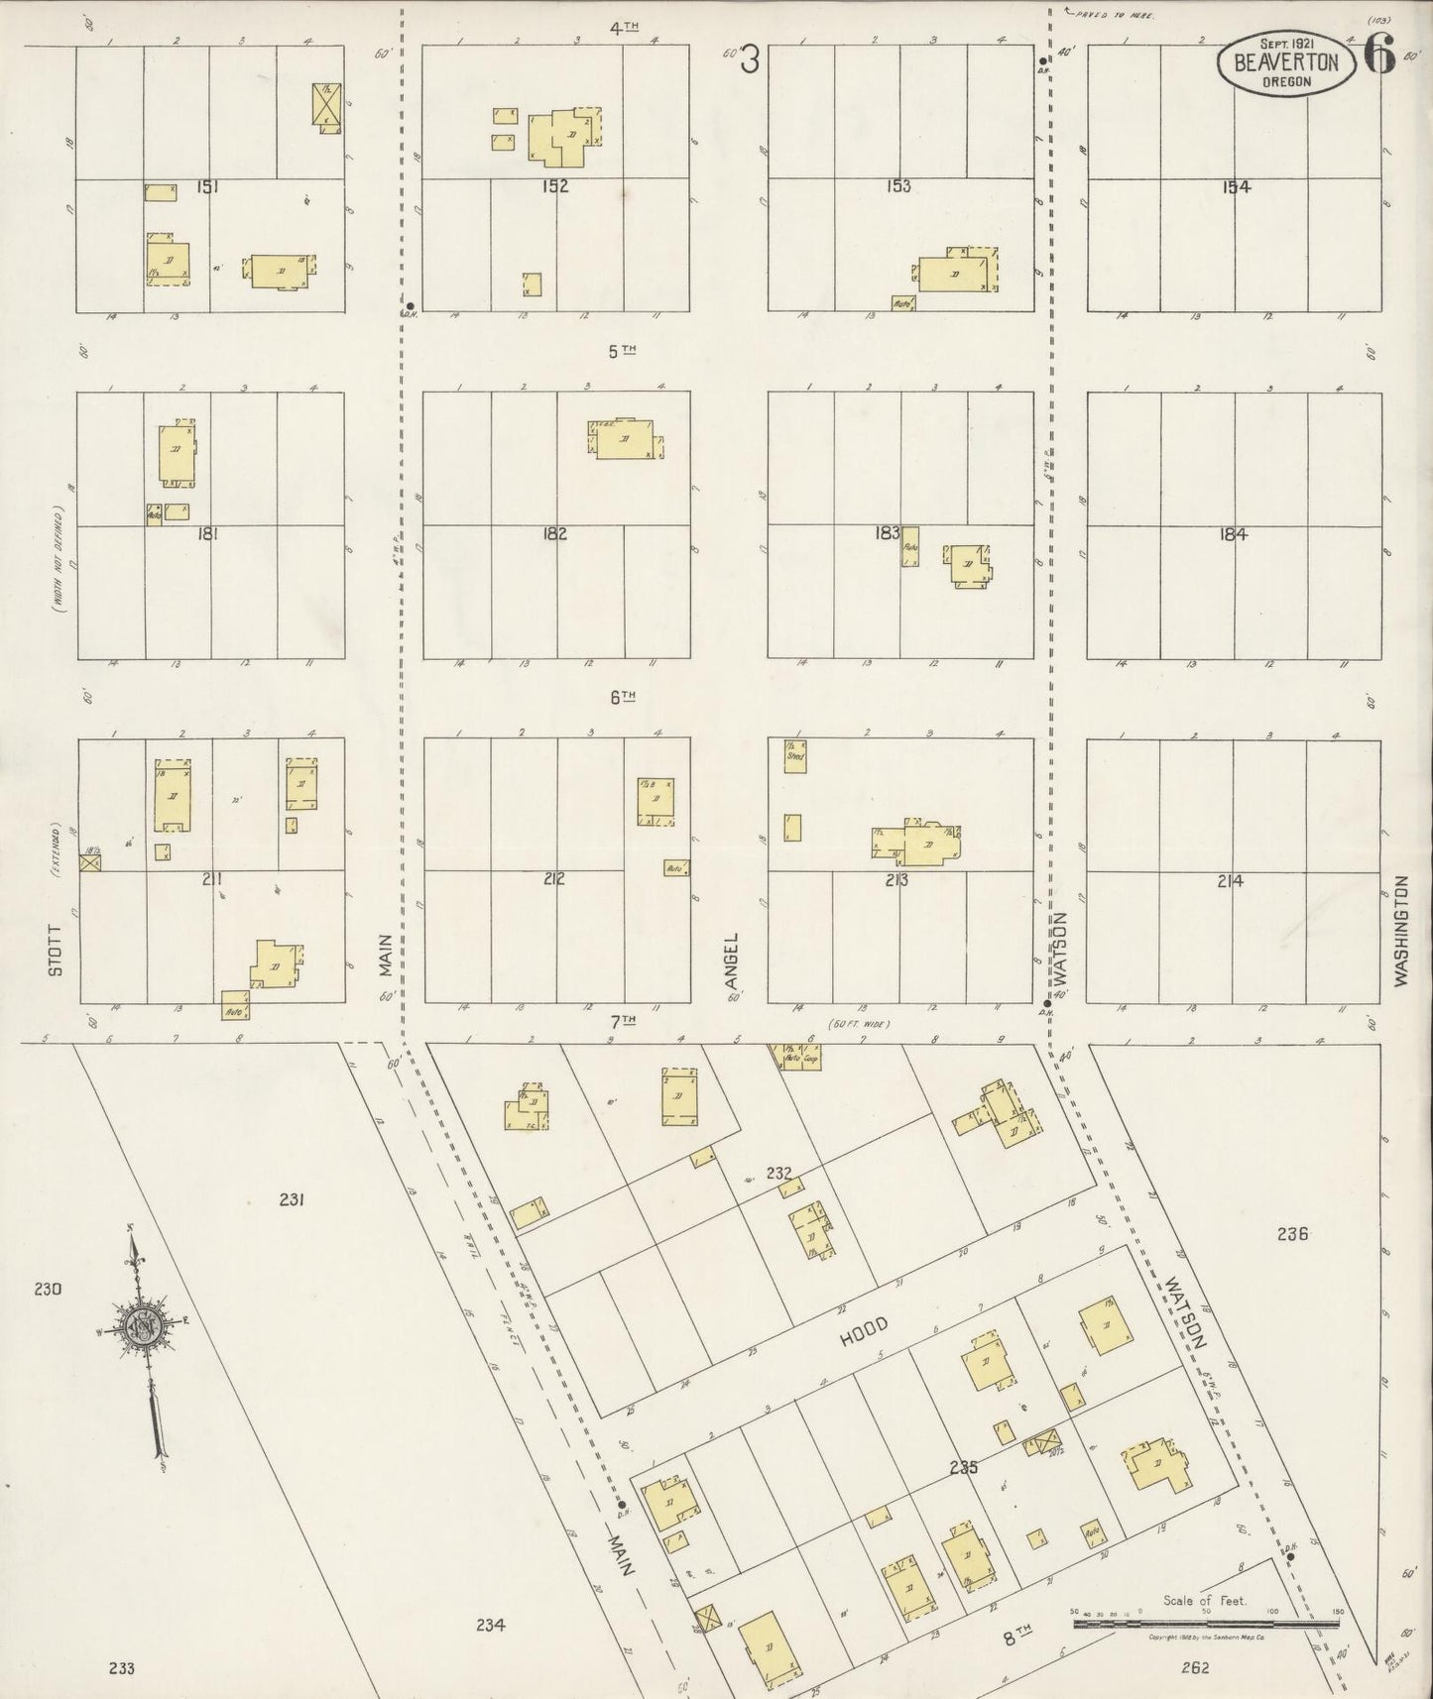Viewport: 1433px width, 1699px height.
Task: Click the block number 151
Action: (x=208, y=185)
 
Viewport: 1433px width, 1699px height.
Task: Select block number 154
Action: (x=1236, y=186)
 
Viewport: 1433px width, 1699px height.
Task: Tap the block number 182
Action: (x=554, y=533)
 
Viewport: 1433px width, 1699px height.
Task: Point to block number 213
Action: (x=897, y=878)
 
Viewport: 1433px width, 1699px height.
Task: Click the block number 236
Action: (x=1293, y=1234)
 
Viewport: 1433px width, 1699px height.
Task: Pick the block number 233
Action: (x=121, y=1668)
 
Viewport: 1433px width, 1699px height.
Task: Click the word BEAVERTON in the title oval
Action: (x=1286, y=62)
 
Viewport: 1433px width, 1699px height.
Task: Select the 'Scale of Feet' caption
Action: (x=1205, y=1601)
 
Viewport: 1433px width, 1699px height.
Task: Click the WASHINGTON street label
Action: (x=1401, y=930)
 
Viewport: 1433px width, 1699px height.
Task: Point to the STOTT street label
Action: (x=56, y=950)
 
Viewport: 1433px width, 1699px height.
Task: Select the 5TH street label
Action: (x=622, y=351)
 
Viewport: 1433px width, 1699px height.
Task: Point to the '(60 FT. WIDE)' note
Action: (x=859, y=1024)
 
